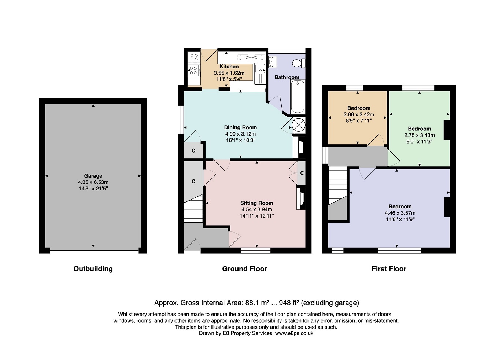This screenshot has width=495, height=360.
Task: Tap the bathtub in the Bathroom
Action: (298, 97)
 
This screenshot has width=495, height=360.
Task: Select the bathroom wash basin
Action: (273, 62)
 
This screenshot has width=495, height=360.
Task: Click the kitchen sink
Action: (260, 74)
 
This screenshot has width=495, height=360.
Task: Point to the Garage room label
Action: (93, 176)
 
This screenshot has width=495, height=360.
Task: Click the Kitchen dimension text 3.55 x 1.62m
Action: (229, 73)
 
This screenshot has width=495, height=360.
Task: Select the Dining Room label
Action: (240, 127)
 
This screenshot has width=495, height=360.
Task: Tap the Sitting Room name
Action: (256, 203)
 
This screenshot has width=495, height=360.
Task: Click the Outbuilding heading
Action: (93, 269)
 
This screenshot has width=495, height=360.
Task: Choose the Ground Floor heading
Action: (245, 269)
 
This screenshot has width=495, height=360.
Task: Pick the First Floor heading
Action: (389, 269)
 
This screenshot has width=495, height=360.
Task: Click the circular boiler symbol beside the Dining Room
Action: (299, 125)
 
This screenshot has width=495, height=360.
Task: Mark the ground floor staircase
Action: (193, 208)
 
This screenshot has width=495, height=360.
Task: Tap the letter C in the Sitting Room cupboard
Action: (302, 173)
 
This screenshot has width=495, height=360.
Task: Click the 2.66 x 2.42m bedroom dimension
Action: (359, 114)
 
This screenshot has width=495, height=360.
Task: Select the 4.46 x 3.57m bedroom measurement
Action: (400, 213)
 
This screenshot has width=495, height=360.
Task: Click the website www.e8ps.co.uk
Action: (294, 333)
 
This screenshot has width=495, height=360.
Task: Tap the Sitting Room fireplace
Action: (301, 198)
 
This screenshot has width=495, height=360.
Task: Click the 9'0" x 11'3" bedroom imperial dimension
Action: (420, 142)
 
